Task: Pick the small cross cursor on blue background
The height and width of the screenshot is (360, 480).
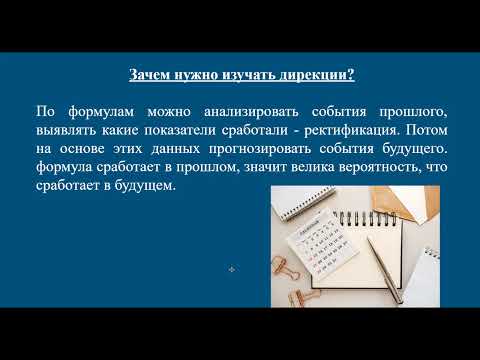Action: tap(231, 270)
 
